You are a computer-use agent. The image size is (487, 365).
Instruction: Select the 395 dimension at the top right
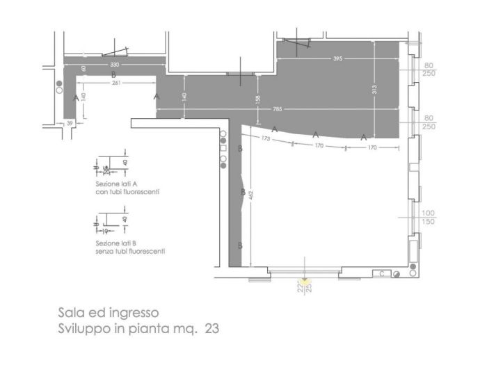click(x=338, y=58)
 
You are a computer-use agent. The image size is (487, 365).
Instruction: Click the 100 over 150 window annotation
click(x=428, y=217)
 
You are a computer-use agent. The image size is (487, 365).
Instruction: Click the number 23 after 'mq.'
click(x=211, y=327)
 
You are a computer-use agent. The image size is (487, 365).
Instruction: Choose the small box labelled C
click(x=382, y=274)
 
